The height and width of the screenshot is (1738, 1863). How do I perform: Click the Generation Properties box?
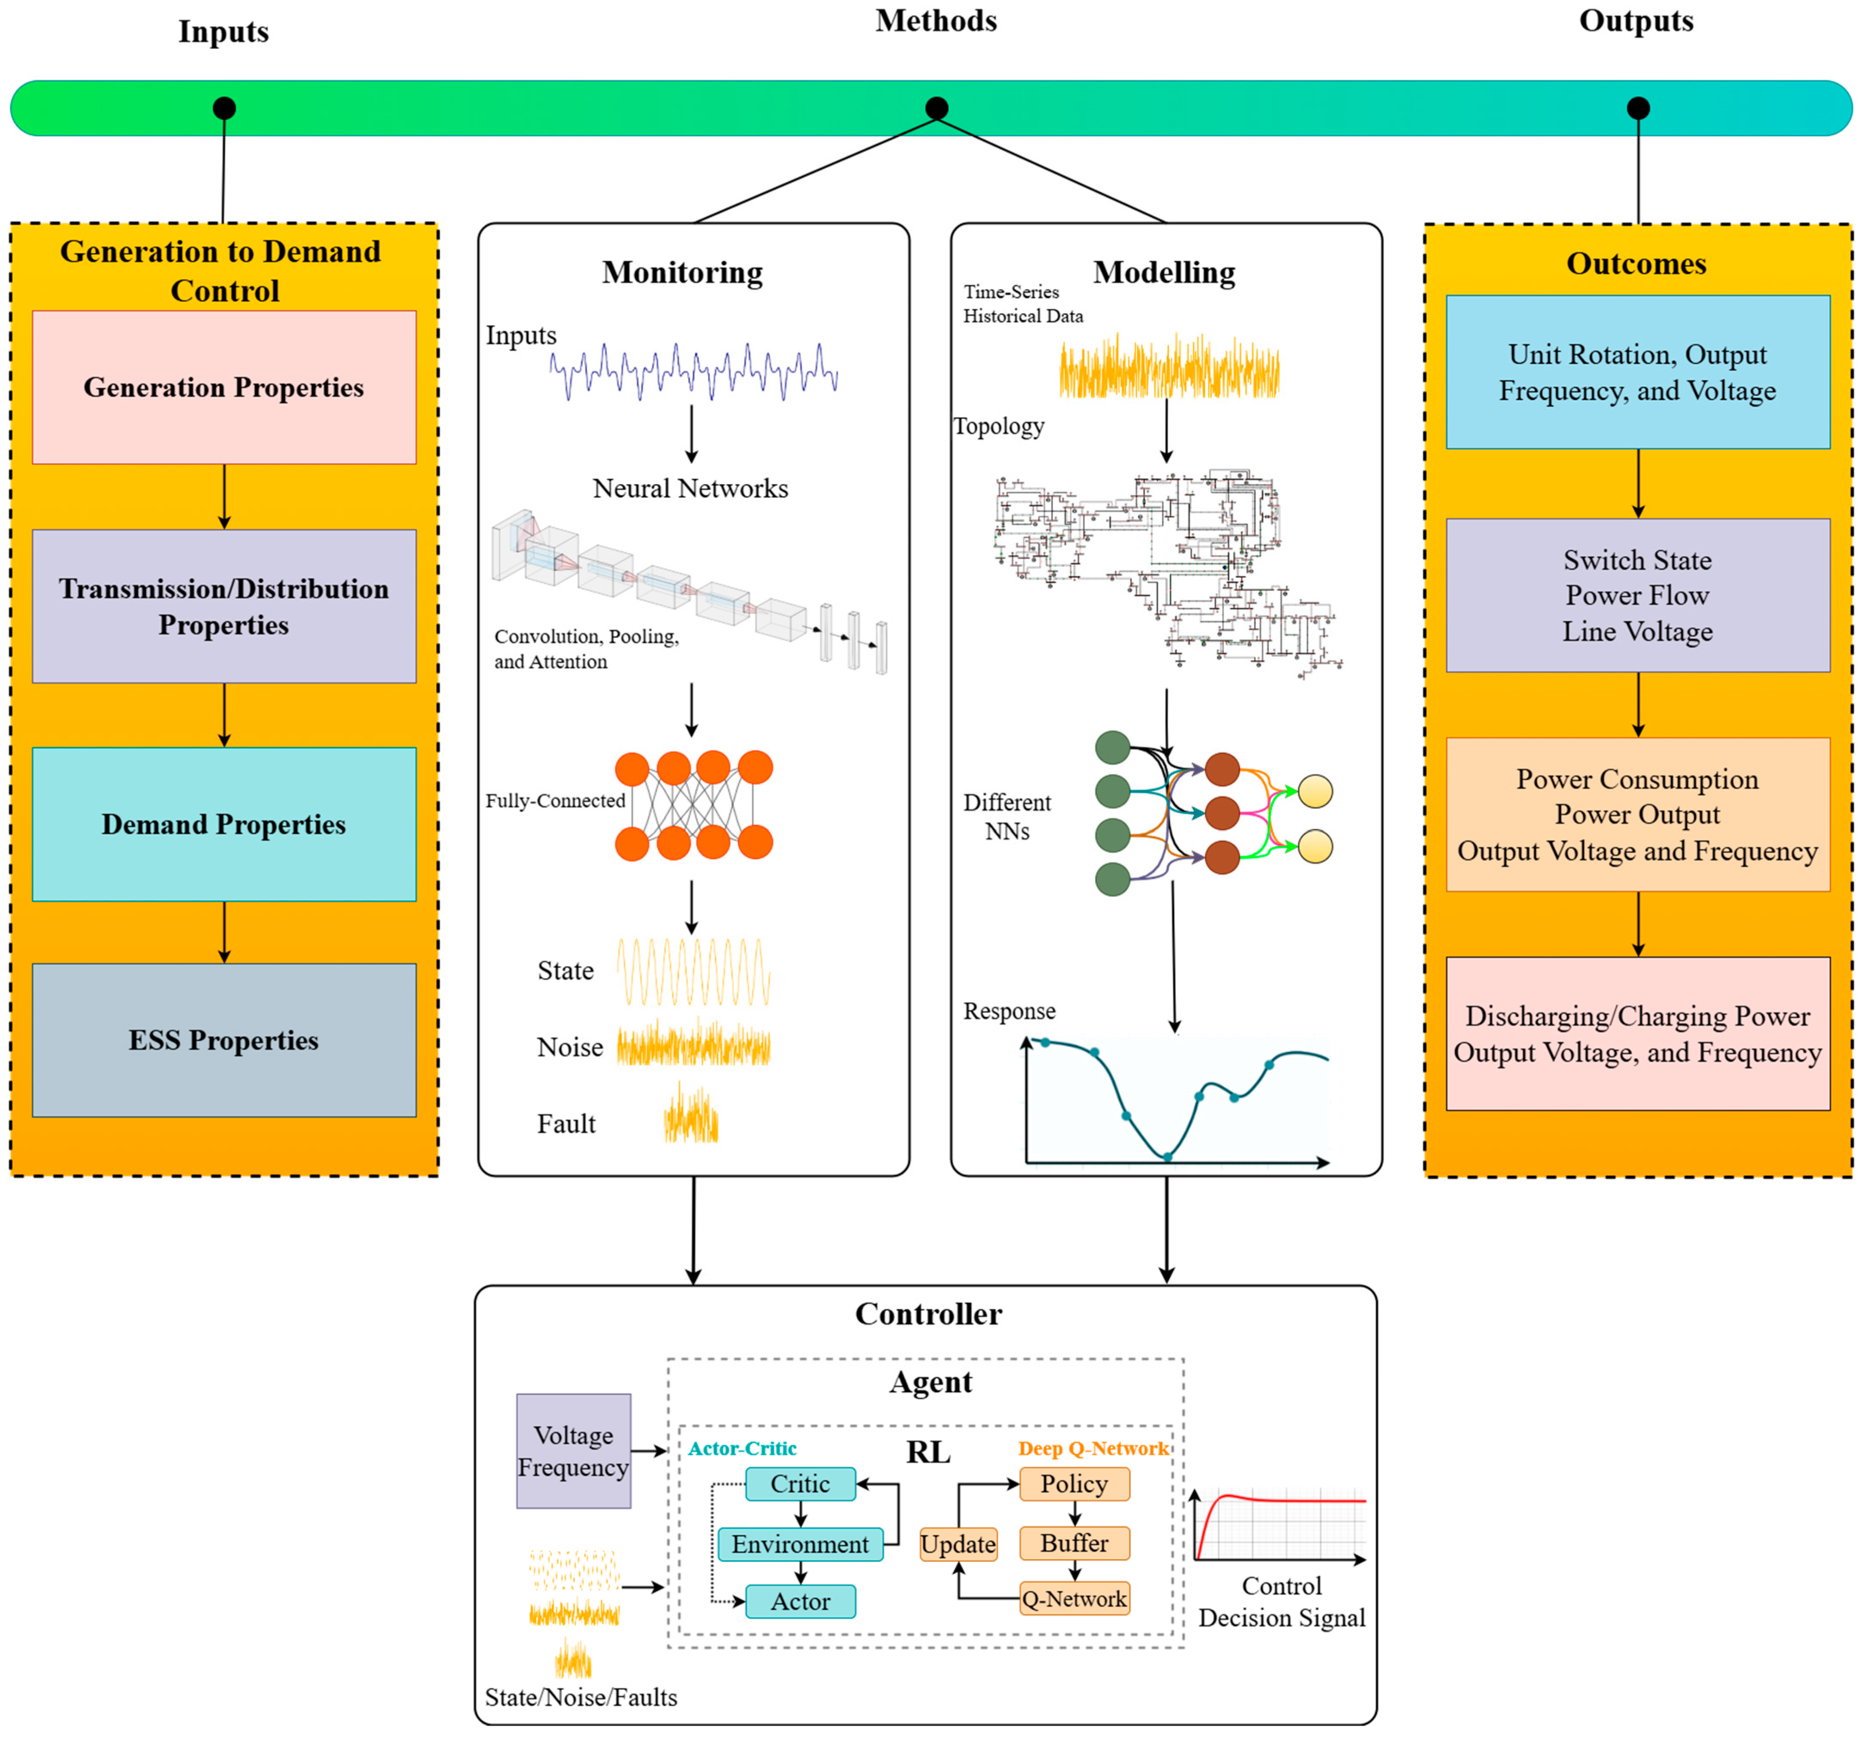(224, 387)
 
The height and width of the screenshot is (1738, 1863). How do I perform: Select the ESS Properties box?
(224, 1040)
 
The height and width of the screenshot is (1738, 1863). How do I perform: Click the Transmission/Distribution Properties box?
(224, 606)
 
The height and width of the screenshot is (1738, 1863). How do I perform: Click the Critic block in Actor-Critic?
(800, 1484)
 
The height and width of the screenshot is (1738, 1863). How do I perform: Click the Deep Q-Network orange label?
(1093, 1448)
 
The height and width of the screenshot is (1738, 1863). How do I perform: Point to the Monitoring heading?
(682, 273)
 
